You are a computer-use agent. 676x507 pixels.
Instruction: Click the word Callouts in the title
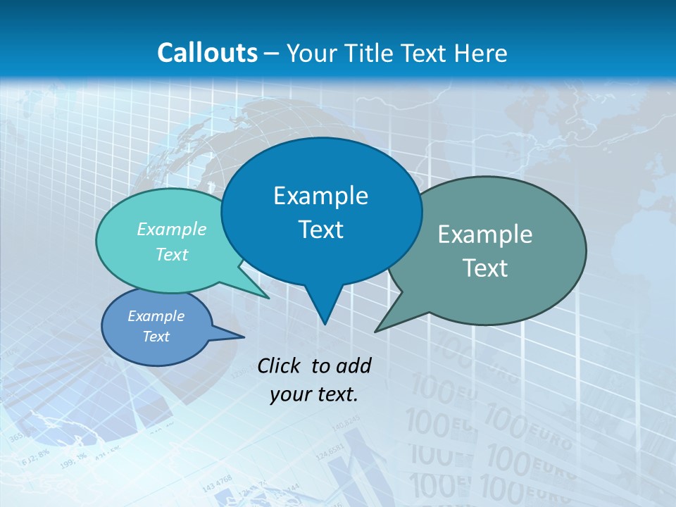[x=207, y=53]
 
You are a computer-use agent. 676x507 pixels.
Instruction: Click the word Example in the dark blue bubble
[x=320, y=196]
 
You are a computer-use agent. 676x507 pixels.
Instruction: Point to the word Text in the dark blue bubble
[x=320, y=230]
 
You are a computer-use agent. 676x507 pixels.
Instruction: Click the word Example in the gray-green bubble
[x=485, y=234]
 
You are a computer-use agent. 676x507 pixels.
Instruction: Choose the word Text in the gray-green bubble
[x=485, y=268]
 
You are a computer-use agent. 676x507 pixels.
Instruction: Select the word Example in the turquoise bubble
[x=172, y=229]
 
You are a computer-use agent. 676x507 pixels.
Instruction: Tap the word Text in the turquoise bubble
[x=172, y=254]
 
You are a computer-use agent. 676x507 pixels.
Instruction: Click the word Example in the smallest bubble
[x=156, y=316]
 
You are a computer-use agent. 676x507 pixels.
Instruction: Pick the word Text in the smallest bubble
[x=156, y=337]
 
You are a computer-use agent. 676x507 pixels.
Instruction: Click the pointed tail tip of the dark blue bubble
[x=324, y=324]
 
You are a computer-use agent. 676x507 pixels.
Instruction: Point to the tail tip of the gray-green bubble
[x=375, y=331]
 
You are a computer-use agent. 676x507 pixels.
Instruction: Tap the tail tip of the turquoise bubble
[x=269, y=298]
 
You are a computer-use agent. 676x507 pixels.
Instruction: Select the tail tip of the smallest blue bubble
[x=244, y=337]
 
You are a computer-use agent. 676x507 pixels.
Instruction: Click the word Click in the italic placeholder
[x=280, y=365]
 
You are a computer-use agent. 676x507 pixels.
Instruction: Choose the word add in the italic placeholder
[x=353, y=365]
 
